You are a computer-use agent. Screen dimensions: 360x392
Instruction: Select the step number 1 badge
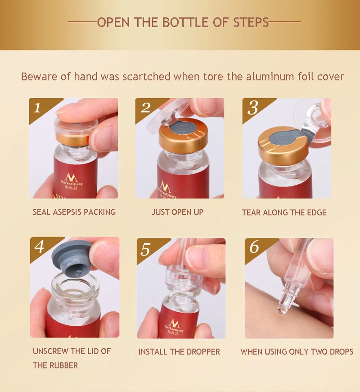click(x=37, y=108)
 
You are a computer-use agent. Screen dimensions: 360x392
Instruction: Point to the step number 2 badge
click(x=145, y=108)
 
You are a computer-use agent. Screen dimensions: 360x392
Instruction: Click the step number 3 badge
click(x=252, y=108)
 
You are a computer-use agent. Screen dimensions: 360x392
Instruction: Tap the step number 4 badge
click(x=40, y=247)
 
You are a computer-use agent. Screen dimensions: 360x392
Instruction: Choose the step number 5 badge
click(x=145, y=249)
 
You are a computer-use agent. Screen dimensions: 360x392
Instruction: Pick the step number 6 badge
click(x=254, y=247)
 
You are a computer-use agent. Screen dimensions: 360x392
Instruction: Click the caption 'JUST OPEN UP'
click(x=177, y=212)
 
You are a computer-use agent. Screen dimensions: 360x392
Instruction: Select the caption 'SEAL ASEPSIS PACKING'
click(x=74, y=212)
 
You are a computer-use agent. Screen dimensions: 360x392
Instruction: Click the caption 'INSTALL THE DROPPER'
click(x=179, y=352)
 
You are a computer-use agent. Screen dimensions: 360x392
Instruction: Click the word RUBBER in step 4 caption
click(x=66, y=365)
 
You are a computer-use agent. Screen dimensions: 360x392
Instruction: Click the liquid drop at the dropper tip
click(x=282, y=310)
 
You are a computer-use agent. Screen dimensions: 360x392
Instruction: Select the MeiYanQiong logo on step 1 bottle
click(x=72, y=181)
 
